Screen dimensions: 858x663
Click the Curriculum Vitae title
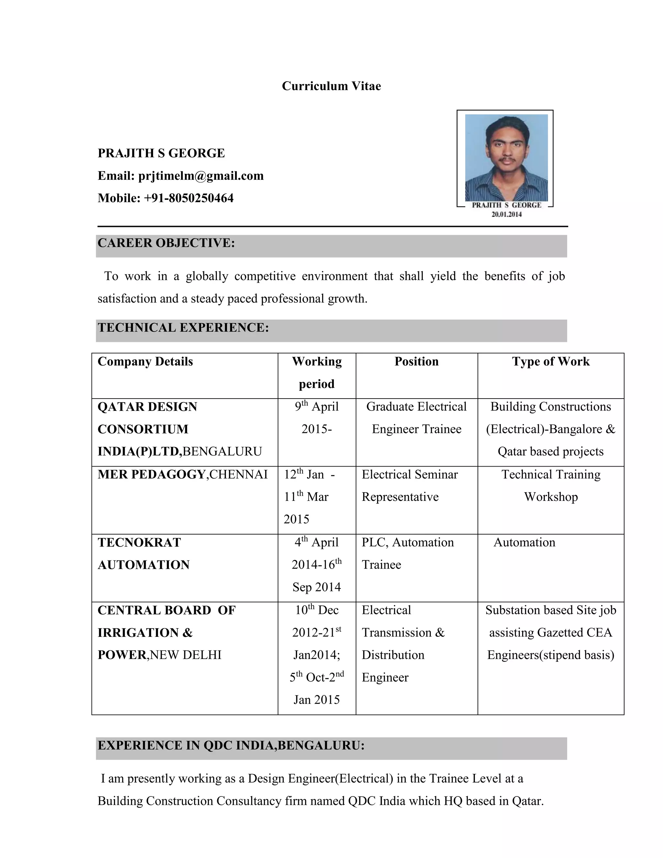[331, 86]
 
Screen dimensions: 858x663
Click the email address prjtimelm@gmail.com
[201, 175]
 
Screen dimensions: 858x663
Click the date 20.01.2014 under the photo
[506, 214]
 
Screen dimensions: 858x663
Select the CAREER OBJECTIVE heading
[166, 243]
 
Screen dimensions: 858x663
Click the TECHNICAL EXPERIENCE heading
[183, 328]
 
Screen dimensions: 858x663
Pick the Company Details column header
[145, 361]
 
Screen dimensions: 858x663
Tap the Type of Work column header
[550, 361]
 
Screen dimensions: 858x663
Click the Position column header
[416, 361]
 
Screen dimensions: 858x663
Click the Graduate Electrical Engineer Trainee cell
[416, 418]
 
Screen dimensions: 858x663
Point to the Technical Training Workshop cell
[551, 486]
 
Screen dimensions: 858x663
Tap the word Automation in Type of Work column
[524, 543]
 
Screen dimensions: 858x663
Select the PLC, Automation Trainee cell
[407, 554]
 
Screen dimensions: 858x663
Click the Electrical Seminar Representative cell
[409, 486]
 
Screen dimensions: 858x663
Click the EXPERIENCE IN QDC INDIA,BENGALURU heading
[231, 745]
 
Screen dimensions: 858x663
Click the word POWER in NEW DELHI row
[122, 655]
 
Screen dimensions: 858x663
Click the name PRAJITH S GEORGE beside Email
[161, 153]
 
